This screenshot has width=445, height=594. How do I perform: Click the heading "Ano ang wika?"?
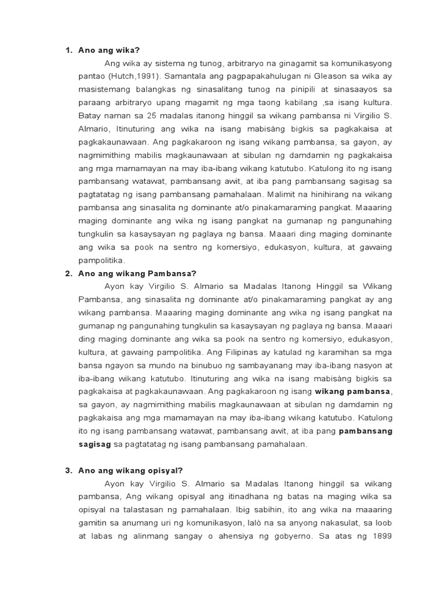coord(110,50)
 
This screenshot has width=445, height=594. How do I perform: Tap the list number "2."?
coord(68,273)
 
